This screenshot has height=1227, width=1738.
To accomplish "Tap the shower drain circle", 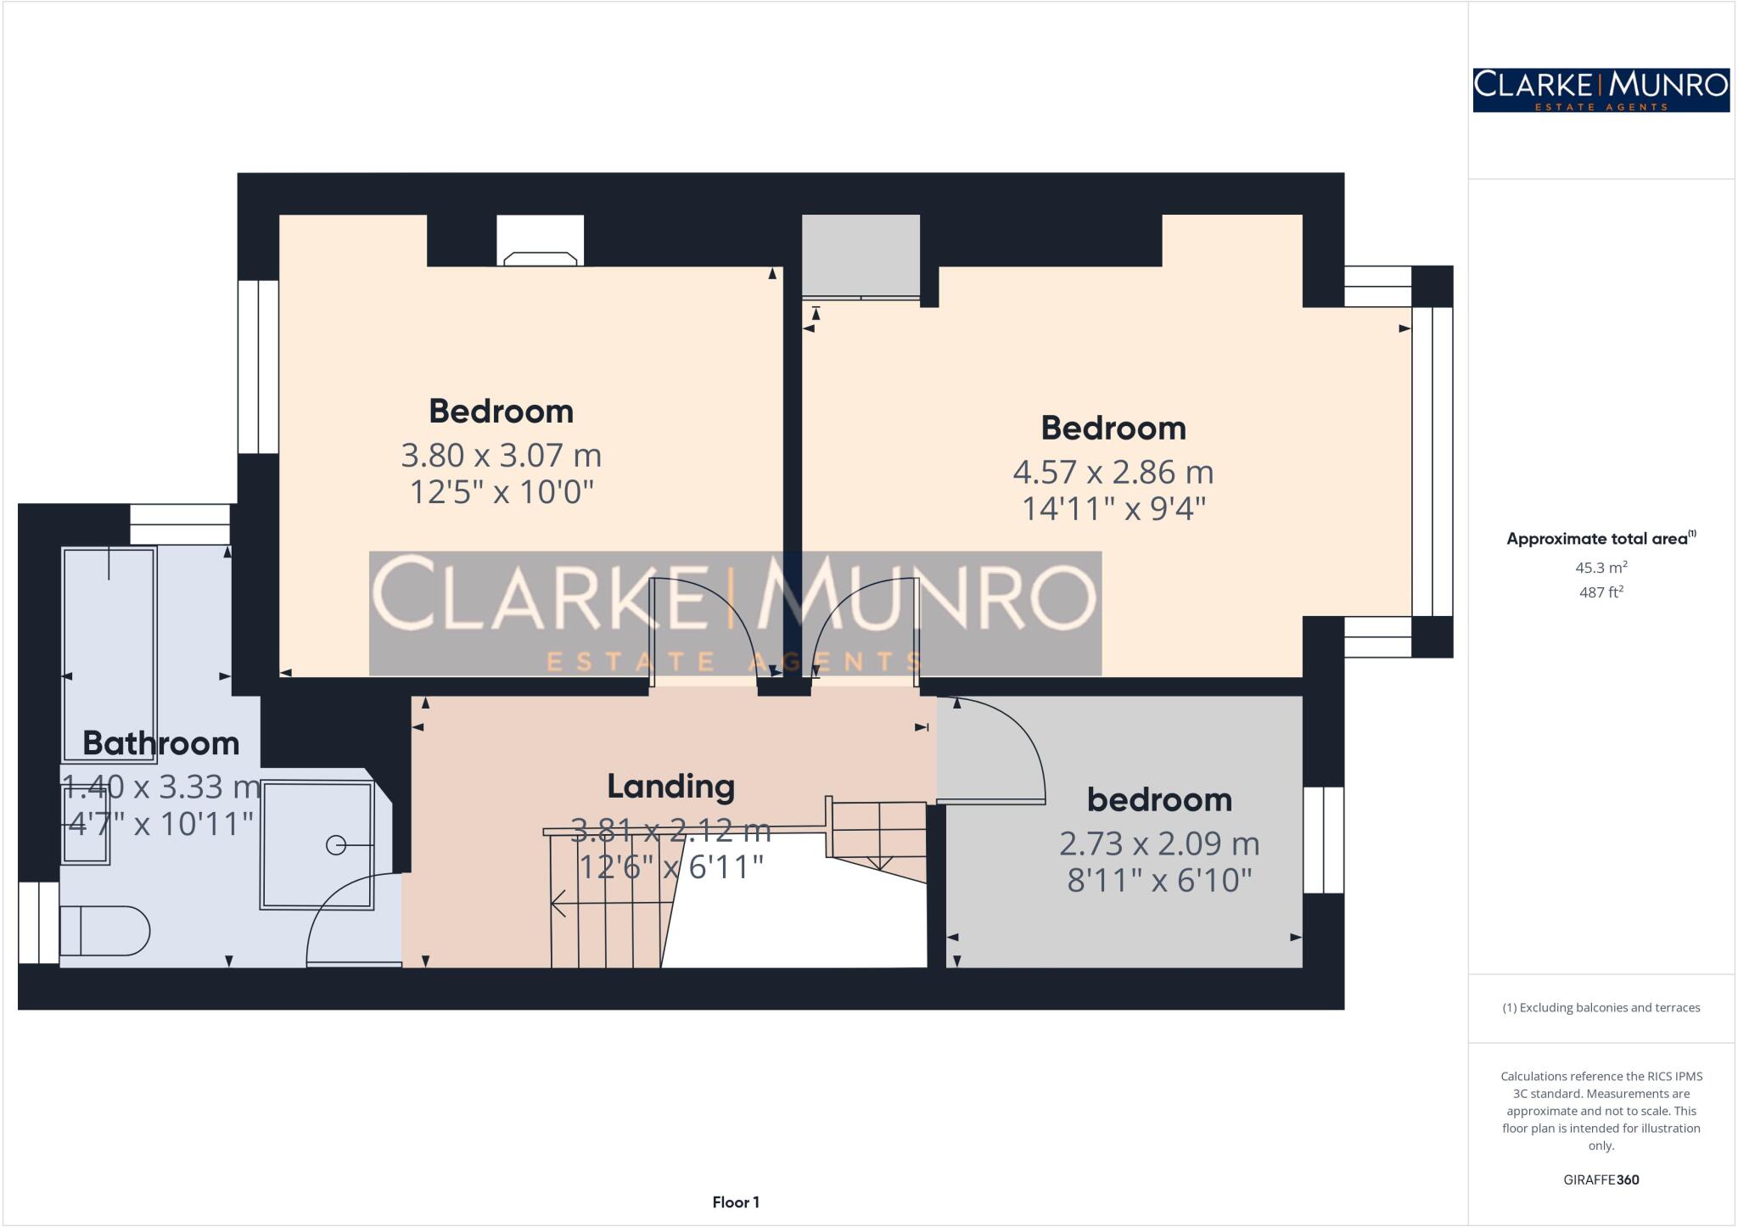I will pyautogui.click(x=336, y=845).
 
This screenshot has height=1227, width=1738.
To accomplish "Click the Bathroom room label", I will pyautogui.click(x=161, y=743).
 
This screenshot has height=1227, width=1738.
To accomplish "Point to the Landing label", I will pyautogui.click(x=670, y=786).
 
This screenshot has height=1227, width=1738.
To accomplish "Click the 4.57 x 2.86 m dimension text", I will pyautogui.click(x=1113, y=472).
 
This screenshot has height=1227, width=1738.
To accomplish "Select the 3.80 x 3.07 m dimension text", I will pyautogui.click(x=501, y=456).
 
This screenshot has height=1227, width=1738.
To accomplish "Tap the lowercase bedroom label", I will pyautogui.click(x=1159, y=799).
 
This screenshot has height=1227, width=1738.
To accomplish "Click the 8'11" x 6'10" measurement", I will pyautogui.click(x=1159, y=881).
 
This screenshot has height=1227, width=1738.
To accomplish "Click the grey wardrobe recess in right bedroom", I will pyautogui.click(x=861, y=255).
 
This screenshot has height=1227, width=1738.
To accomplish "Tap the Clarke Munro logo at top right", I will pyautogui.click(x=1601, y=90).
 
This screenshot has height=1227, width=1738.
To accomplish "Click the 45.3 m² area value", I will pyautogui.click(x=1601, y=568).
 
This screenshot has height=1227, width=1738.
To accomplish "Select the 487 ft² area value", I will pyautogui.click(x=1601, y=592).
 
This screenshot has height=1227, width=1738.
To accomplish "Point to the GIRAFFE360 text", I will pyautogui.click(x=1601, y=1179).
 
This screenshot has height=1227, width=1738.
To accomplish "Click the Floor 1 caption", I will pyautogui.click(x=736, y=1202).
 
